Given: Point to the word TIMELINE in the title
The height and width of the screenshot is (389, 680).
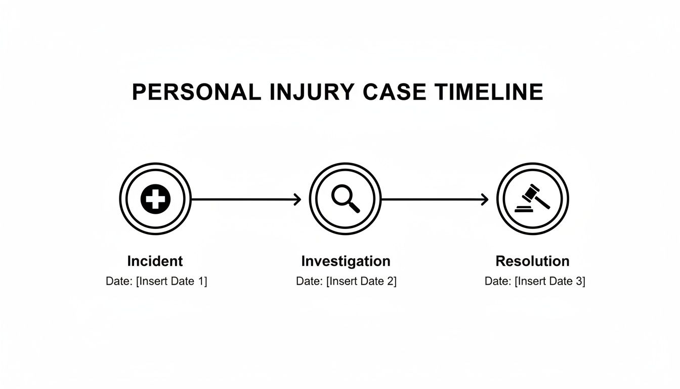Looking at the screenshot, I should [489, 92].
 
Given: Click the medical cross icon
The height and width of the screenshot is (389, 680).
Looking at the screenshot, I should [155, 199].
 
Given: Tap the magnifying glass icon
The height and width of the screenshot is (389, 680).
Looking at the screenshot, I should [345, 199].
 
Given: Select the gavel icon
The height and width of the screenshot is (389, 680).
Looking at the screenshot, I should [532, 199].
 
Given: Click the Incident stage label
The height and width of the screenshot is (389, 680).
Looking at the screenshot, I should [155, 261].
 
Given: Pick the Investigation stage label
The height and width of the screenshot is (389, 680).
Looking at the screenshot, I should [346, 261].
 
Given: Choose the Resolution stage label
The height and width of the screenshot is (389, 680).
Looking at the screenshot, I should [532, 261].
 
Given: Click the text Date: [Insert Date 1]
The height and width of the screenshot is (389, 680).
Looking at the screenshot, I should [156, 282].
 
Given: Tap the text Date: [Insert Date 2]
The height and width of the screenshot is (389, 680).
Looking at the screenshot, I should [346, 282].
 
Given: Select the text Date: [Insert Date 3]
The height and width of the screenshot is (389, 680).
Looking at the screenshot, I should [535, 282].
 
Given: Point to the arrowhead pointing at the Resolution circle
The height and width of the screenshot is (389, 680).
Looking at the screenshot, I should [486, 200].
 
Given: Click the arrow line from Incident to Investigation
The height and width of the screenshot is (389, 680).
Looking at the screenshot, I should [243, 200].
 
